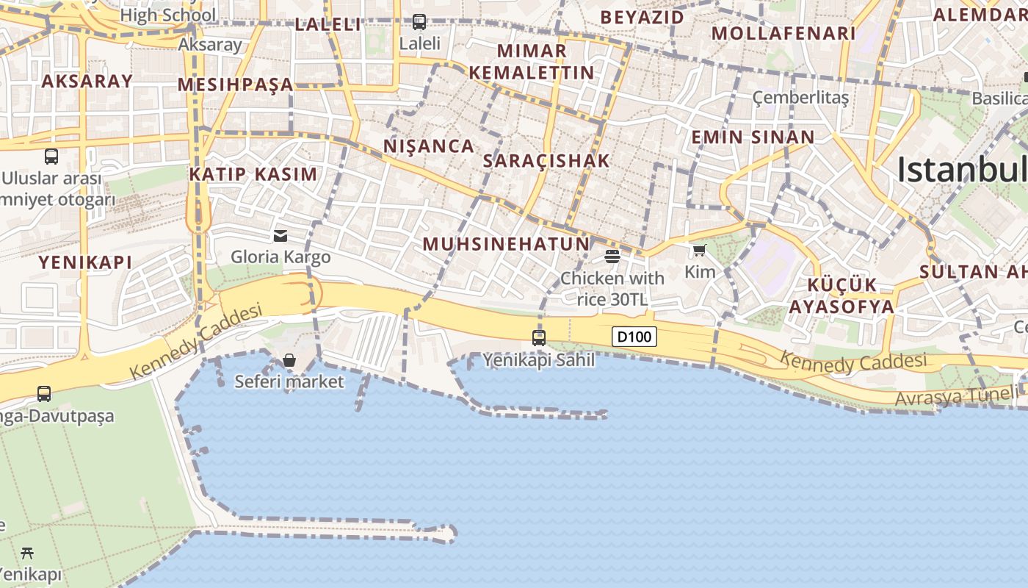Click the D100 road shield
pyautogui.click(x=634, y=337)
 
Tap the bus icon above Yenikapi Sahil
pyautogui.click(x=539, y=338)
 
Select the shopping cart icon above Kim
pyautogui.click(x=699, y=251)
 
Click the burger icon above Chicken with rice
pyautogui.click(x=612, y=256)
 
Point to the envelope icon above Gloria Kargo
pyautogui.click(x=280, y=235)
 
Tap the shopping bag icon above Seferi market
pyautogui.click(x=289, y=360)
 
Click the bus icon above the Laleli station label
pyautogui.click(x=419, y=22)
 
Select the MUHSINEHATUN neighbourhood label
pyautogui.click(x=506, y=244)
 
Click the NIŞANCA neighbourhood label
pyautogui.click(x=429, y=146)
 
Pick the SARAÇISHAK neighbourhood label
pyautogui.click(x=546, y=161)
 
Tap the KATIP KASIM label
pyautogui.click(x=253, y=174)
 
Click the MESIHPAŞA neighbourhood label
pyautogui.click(x=236, y=85)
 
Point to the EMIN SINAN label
pyautogui.click(x=753, y=137)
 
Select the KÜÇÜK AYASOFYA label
pyautogui.click(x=841, y=295)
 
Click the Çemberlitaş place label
pyautogui.click(x=800, y=98)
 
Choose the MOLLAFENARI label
pyautogui.click(x=783, y=33)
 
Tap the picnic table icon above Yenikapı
pyautogui.click(x=28, y=553)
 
